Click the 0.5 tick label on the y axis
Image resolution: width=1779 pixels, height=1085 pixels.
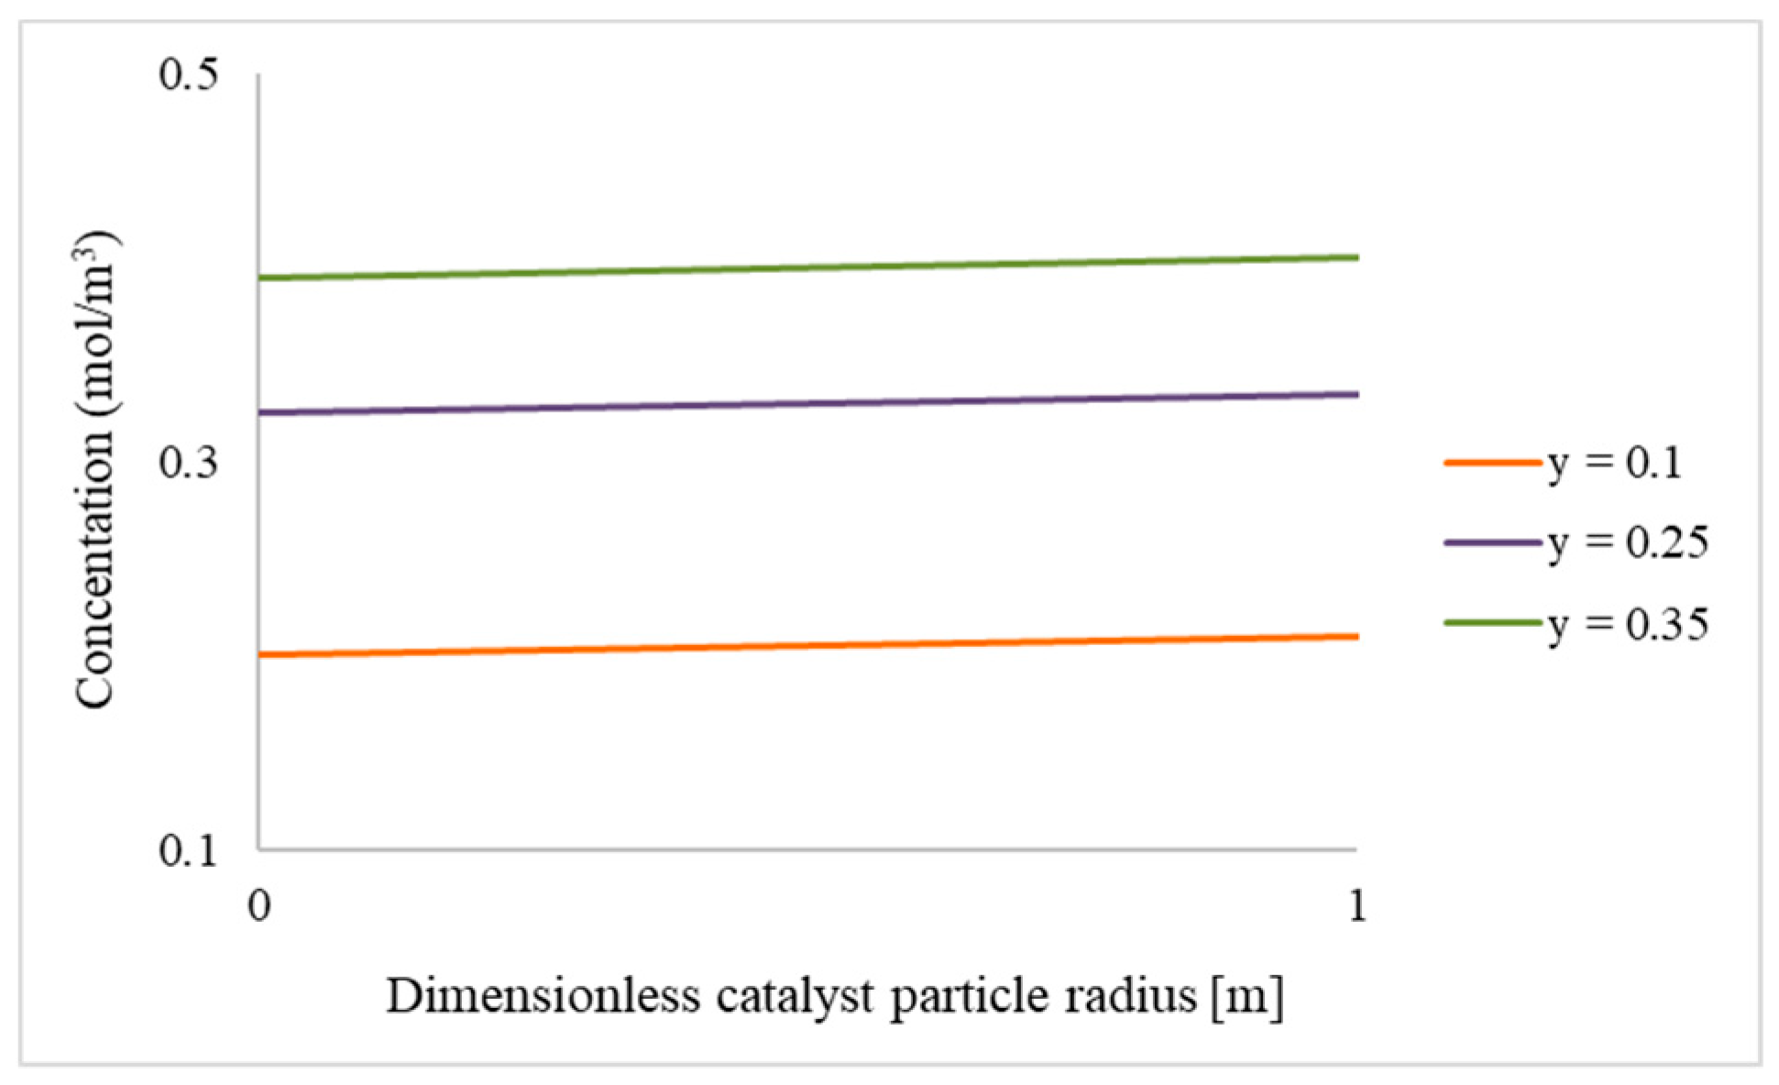(189, 74)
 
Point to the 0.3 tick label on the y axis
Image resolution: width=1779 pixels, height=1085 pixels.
(189, 463)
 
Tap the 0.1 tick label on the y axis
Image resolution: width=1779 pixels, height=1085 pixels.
(189, 851)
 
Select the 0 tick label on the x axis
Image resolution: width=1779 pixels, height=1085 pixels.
(259, 906)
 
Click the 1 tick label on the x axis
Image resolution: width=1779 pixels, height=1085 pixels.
(1356, 906)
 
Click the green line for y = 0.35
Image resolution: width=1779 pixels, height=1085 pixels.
(807, 267)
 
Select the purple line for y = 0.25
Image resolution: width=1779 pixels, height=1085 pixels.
(807, 402)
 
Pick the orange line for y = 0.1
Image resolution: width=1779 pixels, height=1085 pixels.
(807, 645)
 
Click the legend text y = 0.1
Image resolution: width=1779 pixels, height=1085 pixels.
(1615, 463)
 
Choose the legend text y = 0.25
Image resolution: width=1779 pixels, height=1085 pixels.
(1628, 543)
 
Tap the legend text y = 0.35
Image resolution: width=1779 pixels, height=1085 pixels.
(1628, 624)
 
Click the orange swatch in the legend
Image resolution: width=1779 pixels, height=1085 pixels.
(1492, 463)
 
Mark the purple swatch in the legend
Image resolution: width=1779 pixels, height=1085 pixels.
(1492, 543)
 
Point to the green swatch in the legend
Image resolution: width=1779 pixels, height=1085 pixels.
(1492, 623)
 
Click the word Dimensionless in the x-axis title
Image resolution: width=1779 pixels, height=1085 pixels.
(544, 996)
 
